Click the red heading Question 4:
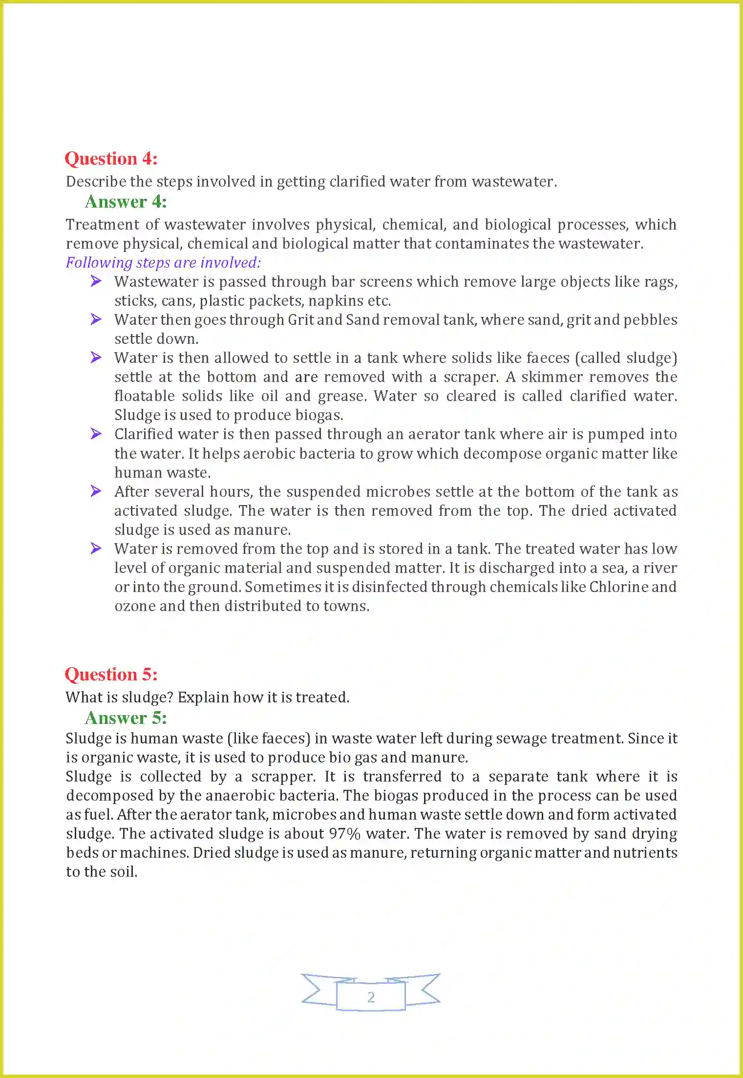[111, 159]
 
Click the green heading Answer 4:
[126, 202]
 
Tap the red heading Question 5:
[111, 675]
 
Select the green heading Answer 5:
[126, 718]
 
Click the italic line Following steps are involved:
[163, 263]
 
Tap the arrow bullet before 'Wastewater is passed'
[96, 281]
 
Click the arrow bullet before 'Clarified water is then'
[96, 434]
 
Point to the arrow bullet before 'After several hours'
[96, 491]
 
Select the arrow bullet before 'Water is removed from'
[96, 549]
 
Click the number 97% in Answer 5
[344, 834]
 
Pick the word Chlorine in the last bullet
[618, 587]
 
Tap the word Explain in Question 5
[203, 698]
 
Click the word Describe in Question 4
[96, 182]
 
